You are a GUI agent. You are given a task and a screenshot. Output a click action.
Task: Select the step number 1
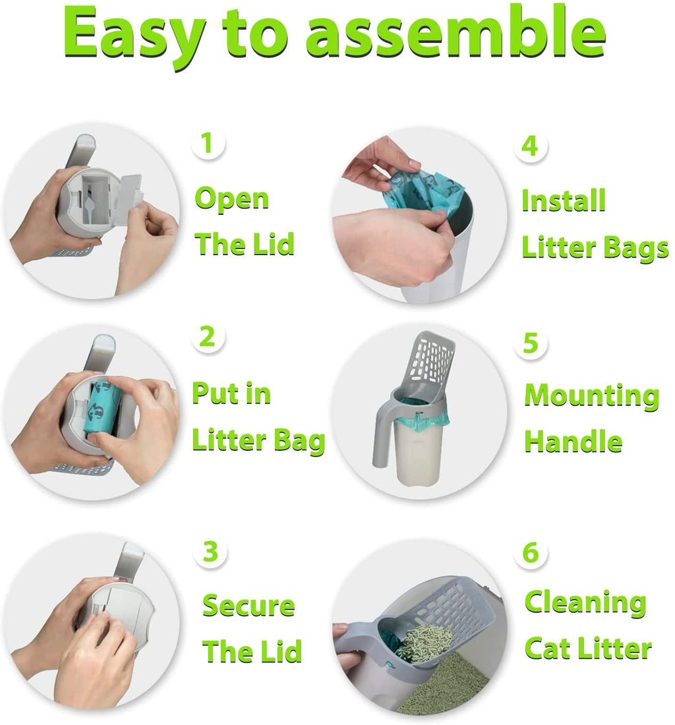pyautogui.click(x=208, y=143)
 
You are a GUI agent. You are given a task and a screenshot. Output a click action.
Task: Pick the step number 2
pyautogui.click(x=208, y=336)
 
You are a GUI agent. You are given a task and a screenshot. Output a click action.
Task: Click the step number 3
pyautogui.click(x=210, y=552)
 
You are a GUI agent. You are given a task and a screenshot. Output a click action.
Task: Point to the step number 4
pyautogui.click(x=530, y=146)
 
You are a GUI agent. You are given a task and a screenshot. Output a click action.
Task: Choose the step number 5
pyautogui.click(x=531, y=343)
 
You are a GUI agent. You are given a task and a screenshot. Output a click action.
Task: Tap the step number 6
pyautogui.click(x=531, y=553)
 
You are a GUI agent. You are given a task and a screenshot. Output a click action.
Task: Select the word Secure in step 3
pyautogui.click(x=249, y=606)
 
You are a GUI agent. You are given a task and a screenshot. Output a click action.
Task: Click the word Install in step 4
pyautogui.click(x=564, y=200)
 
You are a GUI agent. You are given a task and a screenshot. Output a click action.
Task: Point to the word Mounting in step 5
pyautogui.click(x=591, y=396)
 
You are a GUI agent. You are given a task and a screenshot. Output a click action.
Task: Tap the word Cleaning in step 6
pyautogui.click(x=585, y=603)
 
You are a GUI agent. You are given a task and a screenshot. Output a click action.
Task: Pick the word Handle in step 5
pyautogui.click(x=573, y=442)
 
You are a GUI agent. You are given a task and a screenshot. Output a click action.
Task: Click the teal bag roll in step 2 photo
pyautogui.click(x=103, y=406)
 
